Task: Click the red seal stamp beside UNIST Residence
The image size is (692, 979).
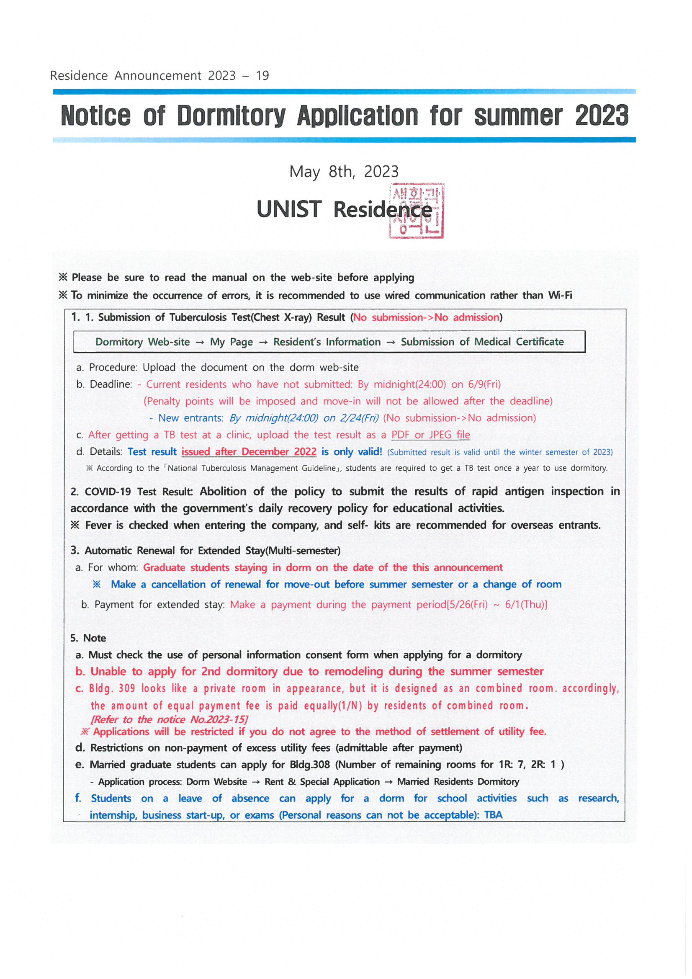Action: coord(416,211)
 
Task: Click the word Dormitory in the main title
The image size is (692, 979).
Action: coord(231,116)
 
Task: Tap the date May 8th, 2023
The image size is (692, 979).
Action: coord(344,171)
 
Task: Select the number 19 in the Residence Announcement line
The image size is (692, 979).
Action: coord(262,75)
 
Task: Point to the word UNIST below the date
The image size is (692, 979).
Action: coord(289,209)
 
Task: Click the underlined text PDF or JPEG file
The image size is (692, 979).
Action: coord(431,435)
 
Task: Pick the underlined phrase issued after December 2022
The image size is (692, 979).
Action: coord(249,451)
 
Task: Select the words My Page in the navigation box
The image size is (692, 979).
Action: coord(231,342)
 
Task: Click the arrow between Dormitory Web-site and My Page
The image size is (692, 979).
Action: coord(200,342)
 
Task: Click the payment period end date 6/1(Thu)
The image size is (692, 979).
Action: coord(525,605)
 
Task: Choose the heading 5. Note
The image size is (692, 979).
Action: coord(88,638)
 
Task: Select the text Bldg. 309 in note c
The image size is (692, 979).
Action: coord(112,688)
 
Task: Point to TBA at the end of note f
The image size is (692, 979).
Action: coord(493,815)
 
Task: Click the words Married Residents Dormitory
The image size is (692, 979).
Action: coord(458,782)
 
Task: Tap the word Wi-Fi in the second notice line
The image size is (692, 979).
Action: coord(560,295)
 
